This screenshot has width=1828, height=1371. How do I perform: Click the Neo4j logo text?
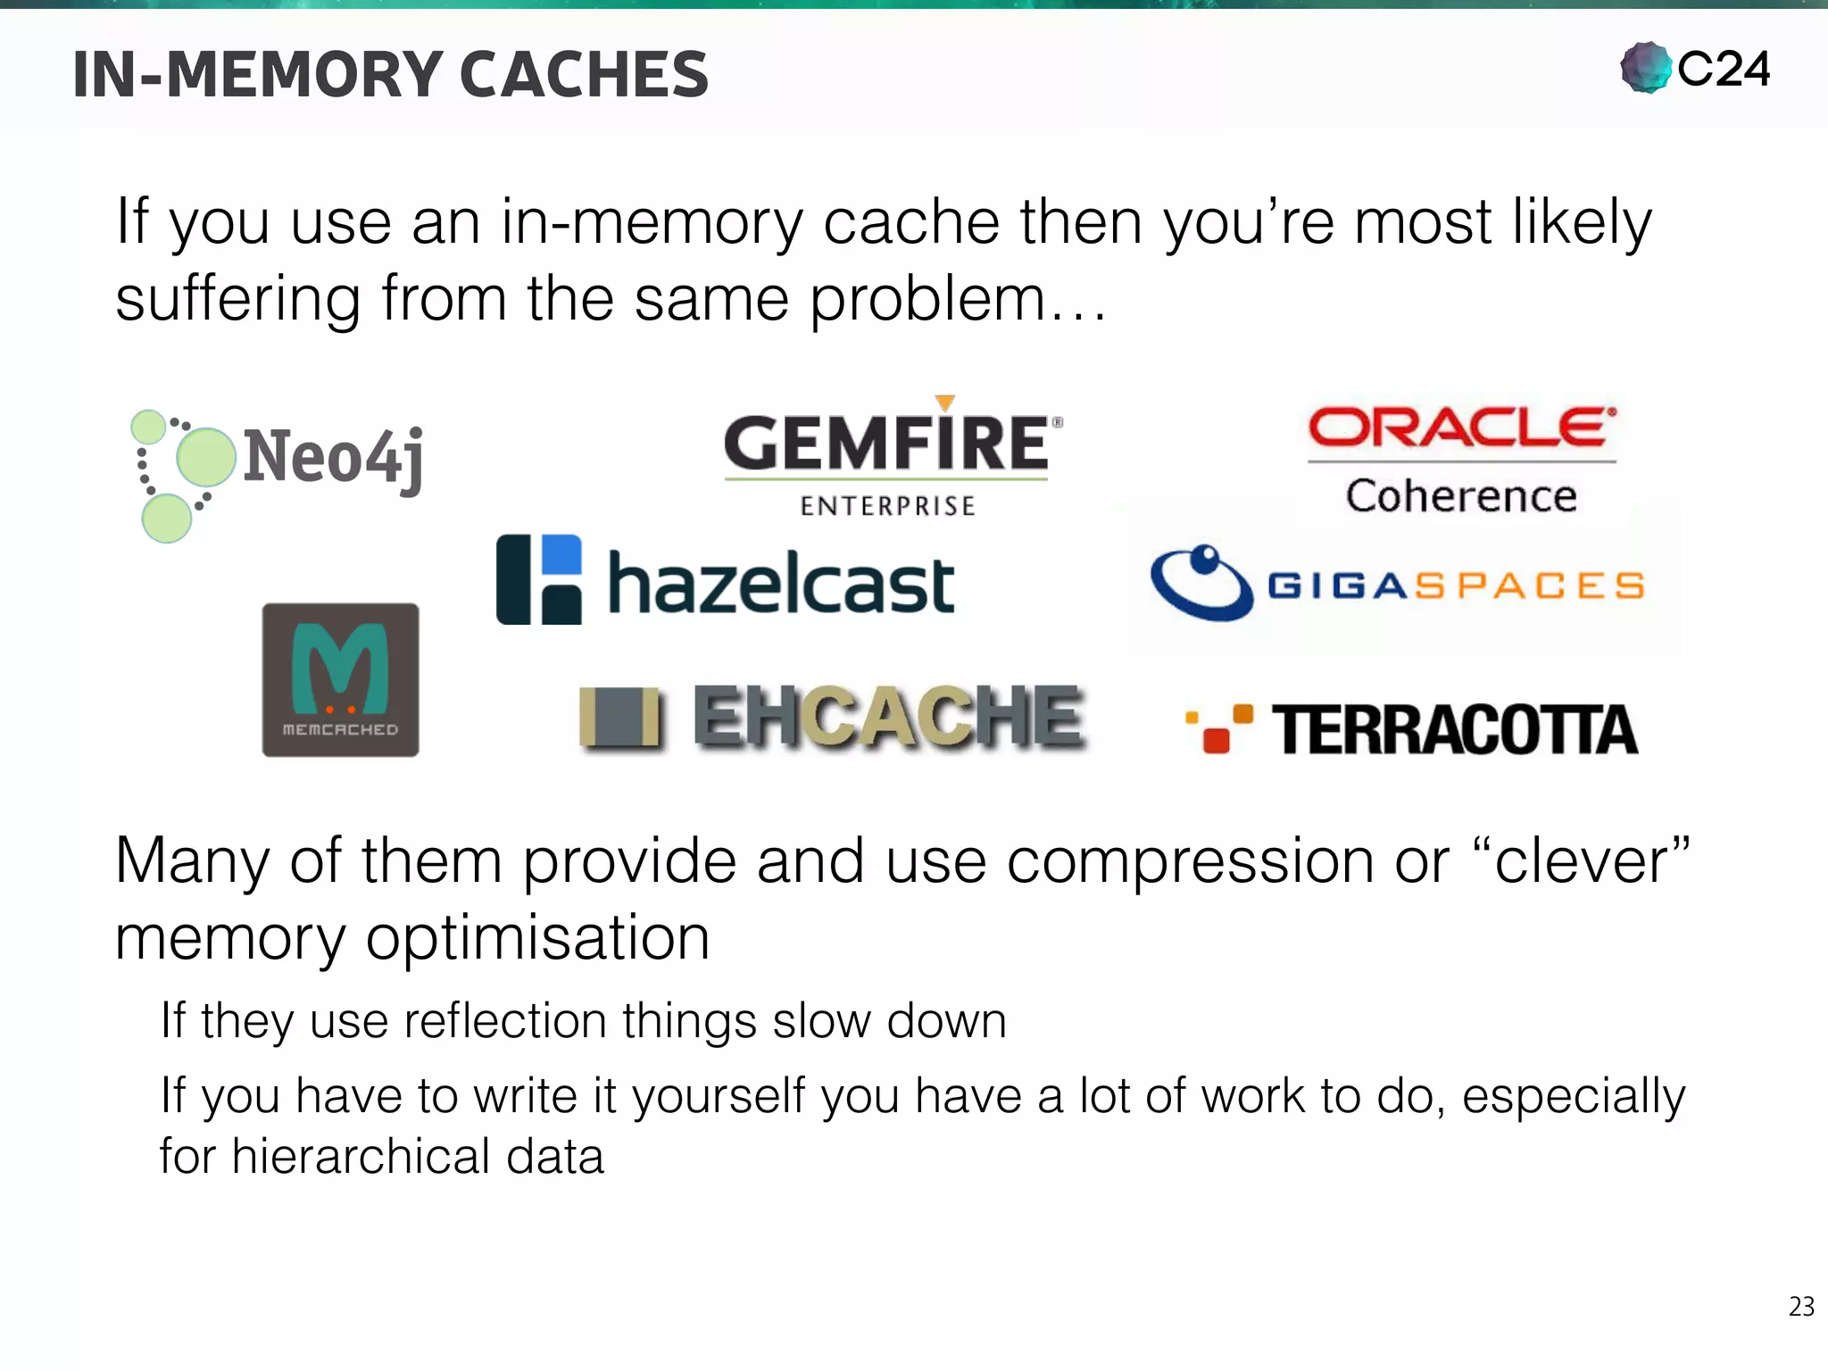tap(333, 457)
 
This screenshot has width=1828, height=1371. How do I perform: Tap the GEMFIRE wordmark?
tap(886, 444)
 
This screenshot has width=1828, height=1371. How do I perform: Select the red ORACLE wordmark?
tap(1461, 428)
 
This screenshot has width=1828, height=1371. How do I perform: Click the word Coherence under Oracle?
tap(1461, 496)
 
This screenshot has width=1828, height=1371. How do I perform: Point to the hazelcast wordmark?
tap(781, 585)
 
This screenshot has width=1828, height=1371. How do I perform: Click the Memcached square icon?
tap(340, 680)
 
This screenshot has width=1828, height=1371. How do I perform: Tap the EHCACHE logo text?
tap(889, 717)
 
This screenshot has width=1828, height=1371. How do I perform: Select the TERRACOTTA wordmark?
tap(1454, 731)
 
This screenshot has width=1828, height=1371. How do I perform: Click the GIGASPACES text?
tap(1456, 586)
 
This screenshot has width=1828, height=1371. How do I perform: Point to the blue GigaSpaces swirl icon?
tap(1201, 583)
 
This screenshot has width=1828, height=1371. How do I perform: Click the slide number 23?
tap(1801, 1307)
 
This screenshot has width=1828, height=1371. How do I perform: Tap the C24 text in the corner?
tap(1723, 69)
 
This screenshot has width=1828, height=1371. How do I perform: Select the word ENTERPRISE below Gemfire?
tap(887, 506)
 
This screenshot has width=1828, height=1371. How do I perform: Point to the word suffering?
tap(238, 299)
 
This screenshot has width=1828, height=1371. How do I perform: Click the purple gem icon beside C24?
tap(1646, 68)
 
